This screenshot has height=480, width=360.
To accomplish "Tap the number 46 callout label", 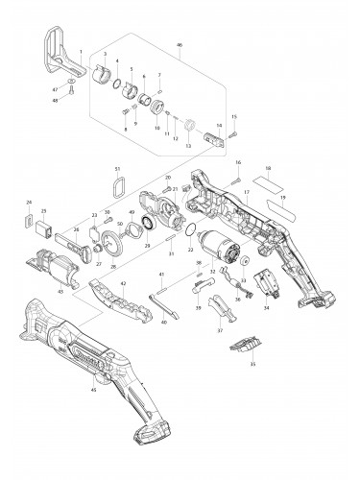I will click(x=178, y=44).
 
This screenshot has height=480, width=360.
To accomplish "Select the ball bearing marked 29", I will click(x=151, y=225).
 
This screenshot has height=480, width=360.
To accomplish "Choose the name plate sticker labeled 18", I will click(x=268, y=180).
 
